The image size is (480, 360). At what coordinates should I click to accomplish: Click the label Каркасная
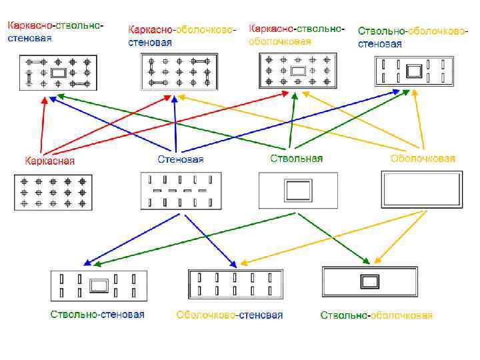click(x=50, y=161)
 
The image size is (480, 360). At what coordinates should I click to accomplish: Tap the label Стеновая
click(x=181, y=159)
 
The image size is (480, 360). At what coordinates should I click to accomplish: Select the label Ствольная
click(x=296, y=159)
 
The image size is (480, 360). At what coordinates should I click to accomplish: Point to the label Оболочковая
click(x=423, y=159)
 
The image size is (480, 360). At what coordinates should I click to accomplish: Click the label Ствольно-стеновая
click(x=97, y=314)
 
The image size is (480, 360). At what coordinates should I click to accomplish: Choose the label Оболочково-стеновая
click(x=229, y=315)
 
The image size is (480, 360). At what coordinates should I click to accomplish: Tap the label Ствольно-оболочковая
click(x=377, y=315)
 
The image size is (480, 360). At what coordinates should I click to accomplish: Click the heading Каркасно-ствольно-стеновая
click(x=55, y=32)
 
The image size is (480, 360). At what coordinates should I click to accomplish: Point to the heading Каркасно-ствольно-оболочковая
click(x=297, y=35)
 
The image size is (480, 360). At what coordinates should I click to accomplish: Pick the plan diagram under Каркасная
click(x=53, y=192)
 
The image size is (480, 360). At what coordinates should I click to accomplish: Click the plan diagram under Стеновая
click(x=180, y=191)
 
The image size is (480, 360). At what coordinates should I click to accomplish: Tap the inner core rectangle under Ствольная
click(x=298, y=191)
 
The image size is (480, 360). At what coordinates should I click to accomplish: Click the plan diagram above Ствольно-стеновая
click(x=98, y=287)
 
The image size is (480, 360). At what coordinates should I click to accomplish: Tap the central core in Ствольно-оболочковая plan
click(x=369, y=281)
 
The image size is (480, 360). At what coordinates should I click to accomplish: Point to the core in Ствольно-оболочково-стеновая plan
click(x=415, y=71)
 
